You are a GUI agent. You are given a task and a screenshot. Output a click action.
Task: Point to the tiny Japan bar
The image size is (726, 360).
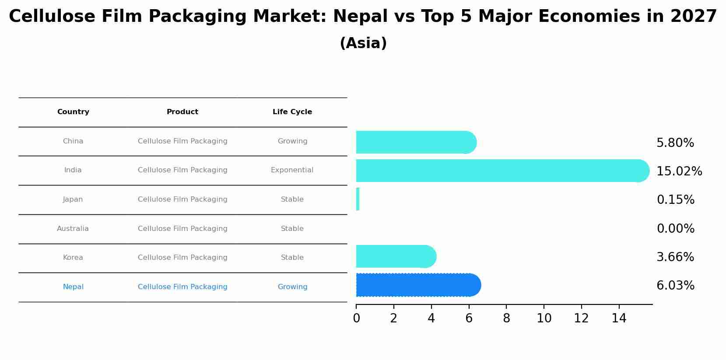click(358, 199)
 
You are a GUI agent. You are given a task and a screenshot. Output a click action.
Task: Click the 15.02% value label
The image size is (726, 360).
click(679, 171)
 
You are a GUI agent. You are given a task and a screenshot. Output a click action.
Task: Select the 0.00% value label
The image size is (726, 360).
click(675, 228)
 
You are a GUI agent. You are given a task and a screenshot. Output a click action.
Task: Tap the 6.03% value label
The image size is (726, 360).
click(675, 286)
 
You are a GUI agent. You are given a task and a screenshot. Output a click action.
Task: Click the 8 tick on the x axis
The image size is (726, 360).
click(506, 318)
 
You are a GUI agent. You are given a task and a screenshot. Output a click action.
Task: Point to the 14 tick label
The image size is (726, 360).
click(619, 318)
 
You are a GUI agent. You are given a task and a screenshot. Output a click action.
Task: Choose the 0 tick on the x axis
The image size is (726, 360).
click(356, 318)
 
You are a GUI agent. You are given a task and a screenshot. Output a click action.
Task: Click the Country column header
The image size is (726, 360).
click(73, 112)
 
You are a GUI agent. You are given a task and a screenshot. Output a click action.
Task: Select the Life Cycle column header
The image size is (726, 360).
click(292, 112)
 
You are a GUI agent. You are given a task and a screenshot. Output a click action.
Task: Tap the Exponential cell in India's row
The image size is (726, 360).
click(292, 170)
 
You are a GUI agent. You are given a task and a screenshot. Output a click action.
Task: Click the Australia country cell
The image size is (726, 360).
click(73, 229)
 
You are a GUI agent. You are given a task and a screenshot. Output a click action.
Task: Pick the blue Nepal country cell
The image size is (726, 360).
click(73, 287)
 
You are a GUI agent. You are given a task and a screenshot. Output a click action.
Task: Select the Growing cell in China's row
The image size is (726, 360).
click(292, 141)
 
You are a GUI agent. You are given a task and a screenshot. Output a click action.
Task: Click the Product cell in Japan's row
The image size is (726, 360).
click(182, 199)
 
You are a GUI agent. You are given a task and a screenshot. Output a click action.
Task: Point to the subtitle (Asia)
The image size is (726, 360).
click(363, 43)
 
